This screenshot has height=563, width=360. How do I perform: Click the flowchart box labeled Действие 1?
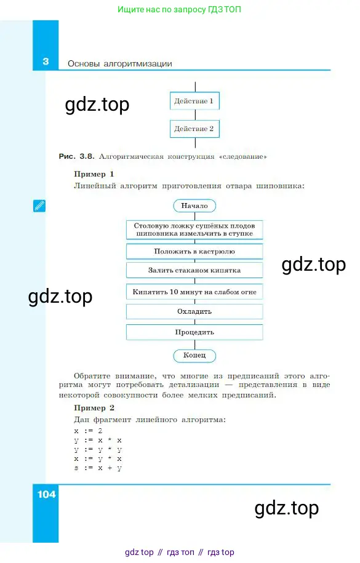click(194, 101)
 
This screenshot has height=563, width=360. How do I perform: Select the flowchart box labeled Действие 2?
click(194, 129)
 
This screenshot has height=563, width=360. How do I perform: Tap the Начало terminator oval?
click(194, 206)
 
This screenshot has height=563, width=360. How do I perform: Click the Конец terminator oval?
click(194, 356)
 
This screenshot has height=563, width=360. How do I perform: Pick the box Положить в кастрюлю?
click(194, 251)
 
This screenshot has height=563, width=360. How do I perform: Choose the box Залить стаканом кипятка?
click(194, 270)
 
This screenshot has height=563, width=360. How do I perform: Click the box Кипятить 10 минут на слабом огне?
click(194, 292)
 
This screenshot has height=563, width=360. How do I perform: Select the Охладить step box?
click(194, 311)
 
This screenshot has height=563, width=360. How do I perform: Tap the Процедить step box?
click(194, 332)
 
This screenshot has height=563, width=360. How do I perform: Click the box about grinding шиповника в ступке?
click(194, 230)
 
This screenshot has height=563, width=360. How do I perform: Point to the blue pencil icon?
click(39, 206)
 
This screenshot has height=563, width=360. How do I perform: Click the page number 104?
click(46, 495)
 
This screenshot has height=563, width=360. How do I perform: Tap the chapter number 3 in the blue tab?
click(46, 62)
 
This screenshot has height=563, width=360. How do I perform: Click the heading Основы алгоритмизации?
click(119, 64)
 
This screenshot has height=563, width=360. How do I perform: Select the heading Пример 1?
click(94, 174)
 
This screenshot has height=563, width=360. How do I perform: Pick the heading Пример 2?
click(94, 408)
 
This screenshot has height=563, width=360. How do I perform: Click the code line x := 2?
click(88, 431)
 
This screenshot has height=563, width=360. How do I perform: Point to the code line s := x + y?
click(98, 468)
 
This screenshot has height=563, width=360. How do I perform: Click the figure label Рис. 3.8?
click(76, 156)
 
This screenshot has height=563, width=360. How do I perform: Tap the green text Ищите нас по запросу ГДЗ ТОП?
click(179, 9)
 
